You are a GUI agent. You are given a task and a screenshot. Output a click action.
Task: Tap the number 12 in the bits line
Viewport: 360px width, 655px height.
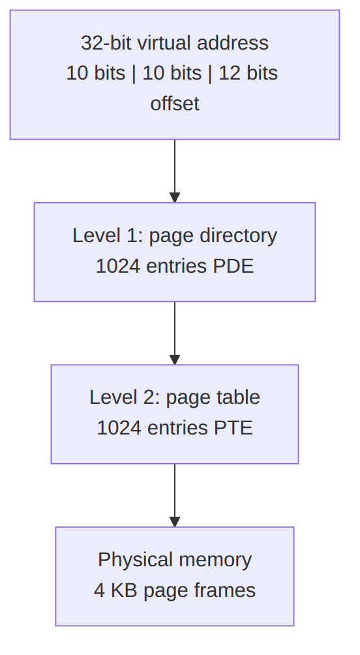[x=228, y=73]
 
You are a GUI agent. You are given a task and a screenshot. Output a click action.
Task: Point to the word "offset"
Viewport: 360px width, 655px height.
[x=175, y=104]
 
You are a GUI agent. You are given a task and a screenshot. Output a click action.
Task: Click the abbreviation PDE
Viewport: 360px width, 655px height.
[x=233, y=266]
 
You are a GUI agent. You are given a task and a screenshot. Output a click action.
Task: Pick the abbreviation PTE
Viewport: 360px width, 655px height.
[x=233, y=428]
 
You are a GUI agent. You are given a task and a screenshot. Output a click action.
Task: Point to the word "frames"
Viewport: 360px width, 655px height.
[x=230, y=590]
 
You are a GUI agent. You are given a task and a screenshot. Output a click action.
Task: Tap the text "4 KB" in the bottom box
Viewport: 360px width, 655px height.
[x=115, y=590]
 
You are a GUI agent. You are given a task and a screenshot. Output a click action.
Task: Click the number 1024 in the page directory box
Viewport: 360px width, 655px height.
[x=118, y=266]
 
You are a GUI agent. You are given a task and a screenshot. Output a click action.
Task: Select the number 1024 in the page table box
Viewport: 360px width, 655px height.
[x=119, y=428]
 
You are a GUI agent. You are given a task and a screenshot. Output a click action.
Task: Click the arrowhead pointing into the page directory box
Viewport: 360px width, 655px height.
[x=175, y=198]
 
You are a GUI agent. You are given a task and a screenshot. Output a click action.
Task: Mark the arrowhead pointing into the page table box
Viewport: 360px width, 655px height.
[x=175, y=359]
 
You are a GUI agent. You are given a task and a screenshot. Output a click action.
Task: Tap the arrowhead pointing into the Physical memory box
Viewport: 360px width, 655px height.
[x=175, y=522]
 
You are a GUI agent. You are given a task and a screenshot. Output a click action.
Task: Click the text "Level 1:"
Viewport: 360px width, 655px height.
[x=108, y=236]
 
